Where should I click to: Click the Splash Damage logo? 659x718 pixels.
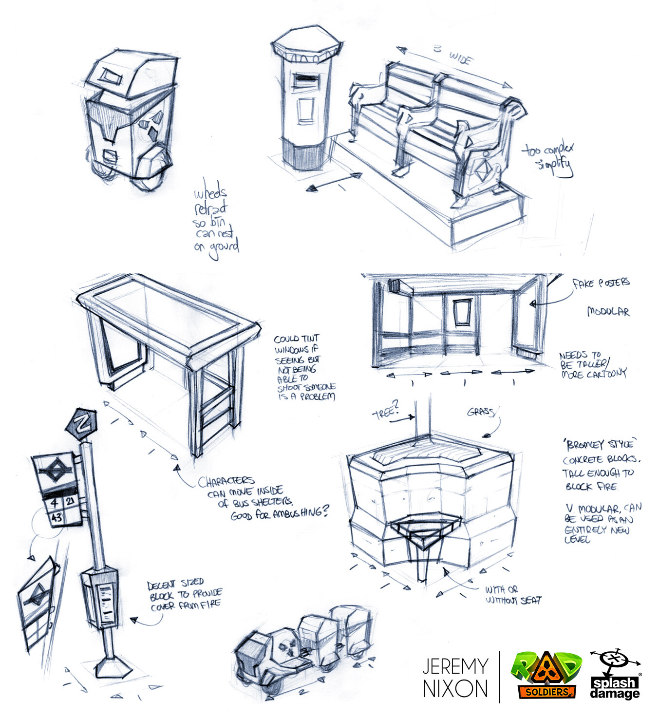pyautogui.click(x=615, y=675)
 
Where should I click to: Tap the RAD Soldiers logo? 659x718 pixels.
pyautogui.click(x=546, y=675)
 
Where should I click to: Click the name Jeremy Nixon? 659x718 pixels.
pyautogui.click(x=455, y=677)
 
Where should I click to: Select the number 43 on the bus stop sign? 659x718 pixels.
pyautogui.click(x=56, y=517)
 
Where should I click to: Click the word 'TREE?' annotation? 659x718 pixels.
pyautogui.click(x=386, y=412)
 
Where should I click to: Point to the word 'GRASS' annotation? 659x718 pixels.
pyautogui.click(x=480, y=412)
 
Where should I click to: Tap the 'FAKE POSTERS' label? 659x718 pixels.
pyautogui.click(x=601, y=283)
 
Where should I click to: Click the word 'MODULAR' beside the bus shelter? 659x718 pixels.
pyautogui.click(x=608, y=311)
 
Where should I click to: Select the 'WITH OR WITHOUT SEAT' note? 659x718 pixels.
pyautogui.click(x=512, y=595)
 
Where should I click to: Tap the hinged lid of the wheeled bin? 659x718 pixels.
pyautogui.click(x=129, y=73)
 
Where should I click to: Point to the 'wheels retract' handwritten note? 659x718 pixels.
pyautogui.click(x=216, y=222)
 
